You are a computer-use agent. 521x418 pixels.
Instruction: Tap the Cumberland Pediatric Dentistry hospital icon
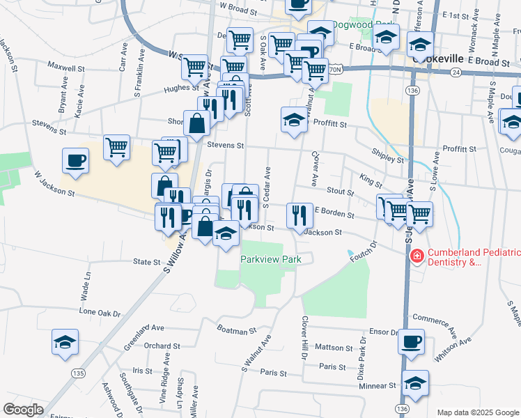click(417, 256)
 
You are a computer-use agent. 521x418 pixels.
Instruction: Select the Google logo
click(23, 409)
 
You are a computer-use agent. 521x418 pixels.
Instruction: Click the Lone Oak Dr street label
click(100, 313)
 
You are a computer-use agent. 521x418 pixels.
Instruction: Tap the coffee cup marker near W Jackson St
click(76, 162)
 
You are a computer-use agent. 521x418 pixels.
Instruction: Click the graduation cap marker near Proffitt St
click(294, 121)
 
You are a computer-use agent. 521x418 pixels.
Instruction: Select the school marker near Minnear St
click(416, 384)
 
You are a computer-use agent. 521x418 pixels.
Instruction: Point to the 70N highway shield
click(335, 70)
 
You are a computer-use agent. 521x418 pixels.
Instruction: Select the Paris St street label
click(332, 366)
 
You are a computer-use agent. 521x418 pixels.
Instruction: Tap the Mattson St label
click(334, 347)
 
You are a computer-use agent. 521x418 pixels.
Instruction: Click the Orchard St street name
click(162, 346)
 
